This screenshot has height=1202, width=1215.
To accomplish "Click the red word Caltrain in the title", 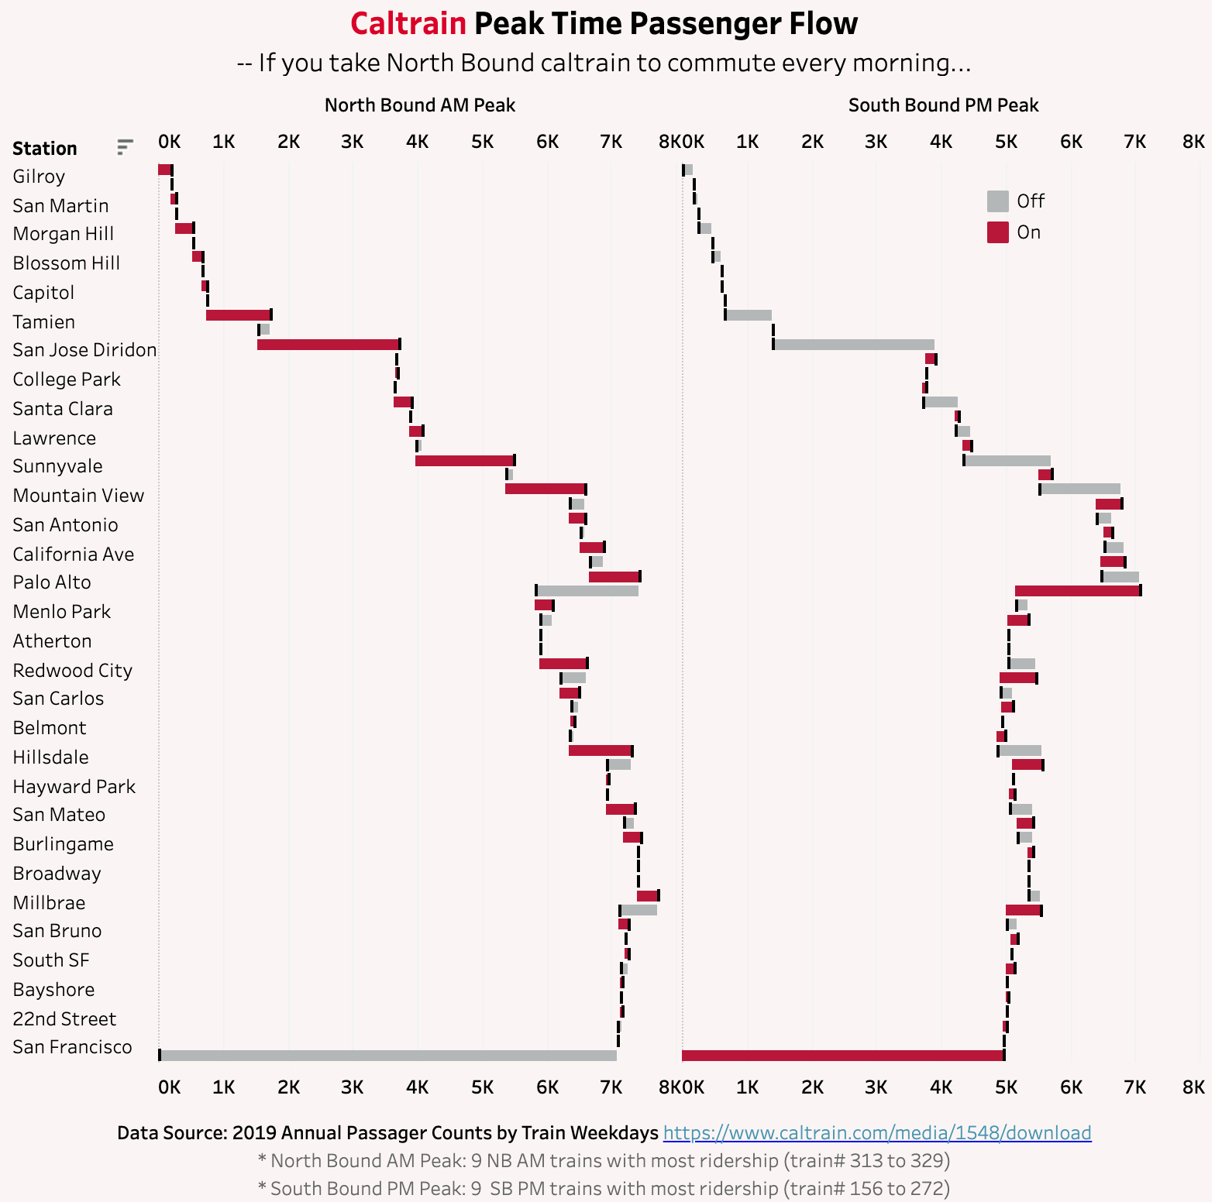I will pos(408,24).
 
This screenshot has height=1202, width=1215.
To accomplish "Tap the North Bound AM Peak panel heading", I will pos(419,105).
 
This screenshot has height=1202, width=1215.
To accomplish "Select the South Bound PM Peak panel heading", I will pos(943,105).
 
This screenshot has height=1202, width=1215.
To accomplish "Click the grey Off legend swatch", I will pos(997,201).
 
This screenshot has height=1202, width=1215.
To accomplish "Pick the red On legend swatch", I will pos(997,232).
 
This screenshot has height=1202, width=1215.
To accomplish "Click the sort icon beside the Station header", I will pos(125,146).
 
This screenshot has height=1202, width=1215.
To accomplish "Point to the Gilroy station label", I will pos(39,177).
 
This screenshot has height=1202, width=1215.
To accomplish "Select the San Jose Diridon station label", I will pos(84,350).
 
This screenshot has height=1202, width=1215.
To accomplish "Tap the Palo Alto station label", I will pos(52,582).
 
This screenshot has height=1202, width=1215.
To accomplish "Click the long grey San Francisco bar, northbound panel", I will pos(387,1055).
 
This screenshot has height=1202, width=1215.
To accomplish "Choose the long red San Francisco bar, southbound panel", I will pos(842,1055).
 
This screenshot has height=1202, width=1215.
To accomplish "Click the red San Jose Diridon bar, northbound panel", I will pos(328,344).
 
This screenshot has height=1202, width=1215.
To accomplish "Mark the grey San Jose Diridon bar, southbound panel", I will pos(854,344).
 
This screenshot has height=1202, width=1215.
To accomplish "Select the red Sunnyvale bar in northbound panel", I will pos(464,461).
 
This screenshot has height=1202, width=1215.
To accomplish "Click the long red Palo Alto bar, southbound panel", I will pos(1077,591).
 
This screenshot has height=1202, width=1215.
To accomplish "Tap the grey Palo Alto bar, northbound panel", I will pos(587,591).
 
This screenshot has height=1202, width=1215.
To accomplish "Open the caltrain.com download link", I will pos(876,1133).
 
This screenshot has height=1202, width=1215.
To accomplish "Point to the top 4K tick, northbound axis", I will pos(417,142).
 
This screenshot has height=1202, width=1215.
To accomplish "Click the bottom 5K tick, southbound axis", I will pos(1006,1087).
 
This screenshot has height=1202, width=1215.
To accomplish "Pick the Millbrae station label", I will pos(49,903).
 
